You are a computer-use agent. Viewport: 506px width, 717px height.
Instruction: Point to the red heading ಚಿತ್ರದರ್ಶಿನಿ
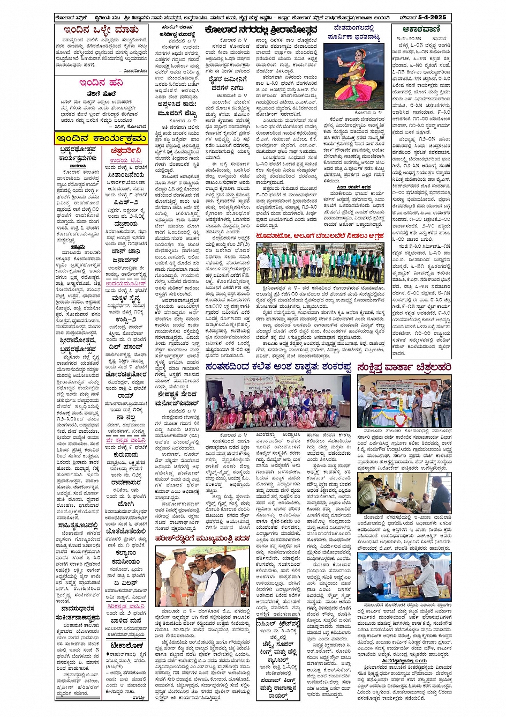(126, 151)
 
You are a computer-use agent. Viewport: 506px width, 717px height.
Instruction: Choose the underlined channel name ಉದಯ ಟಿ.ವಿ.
(126, 160)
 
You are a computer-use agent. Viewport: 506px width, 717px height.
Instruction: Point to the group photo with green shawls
(320, 263)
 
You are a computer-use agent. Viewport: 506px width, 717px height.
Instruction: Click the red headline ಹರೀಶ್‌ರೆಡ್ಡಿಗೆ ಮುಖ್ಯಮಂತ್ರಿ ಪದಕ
(204, 539)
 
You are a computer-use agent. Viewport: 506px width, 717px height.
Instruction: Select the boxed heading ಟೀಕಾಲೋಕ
(126, 645)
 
